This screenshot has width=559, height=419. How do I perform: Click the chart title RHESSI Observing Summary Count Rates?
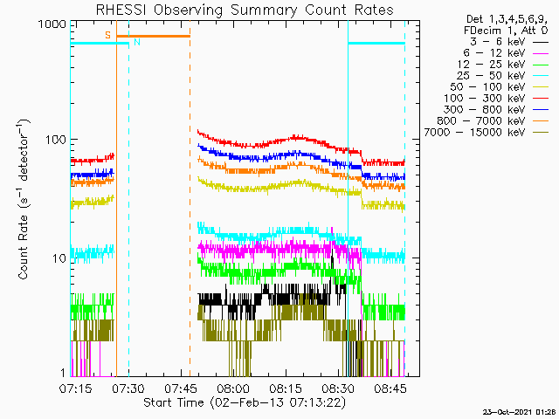pyautogui.click(x=245, y=10)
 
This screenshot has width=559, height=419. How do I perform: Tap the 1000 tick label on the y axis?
pyautogui.click(x=52, y=24)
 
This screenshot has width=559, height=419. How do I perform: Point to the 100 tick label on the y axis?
pyautogui.click(x=56, y=140)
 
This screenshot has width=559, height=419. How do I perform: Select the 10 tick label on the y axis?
pyautogui.click(x=59, y=258)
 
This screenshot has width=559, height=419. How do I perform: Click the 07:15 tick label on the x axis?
pyautogui.click(x=76, y=388)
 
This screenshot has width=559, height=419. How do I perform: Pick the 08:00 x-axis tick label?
pyautogui.click(x=233, y=388)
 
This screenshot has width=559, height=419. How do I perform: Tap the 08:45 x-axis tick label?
pyautogui.click(x=390, y=388)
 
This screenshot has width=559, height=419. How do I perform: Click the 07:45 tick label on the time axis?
pyautogui.click(x=181, y=388)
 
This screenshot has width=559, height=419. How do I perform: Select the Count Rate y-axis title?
pyautogui.click(x=24, y=199)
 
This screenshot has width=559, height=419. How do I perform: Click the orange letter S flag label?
pyautogui.click(x=107, y=35)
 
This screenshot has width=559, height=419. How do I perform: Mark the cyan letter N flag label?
pyautogui.click(x=137, y=42)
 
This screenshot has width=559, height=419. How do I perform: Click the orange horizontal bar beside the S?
pyautogui.click(x=154, y=36)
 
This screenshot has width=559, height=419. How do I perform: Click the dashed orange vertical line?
pyautogui.click(x=190, y=198)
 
